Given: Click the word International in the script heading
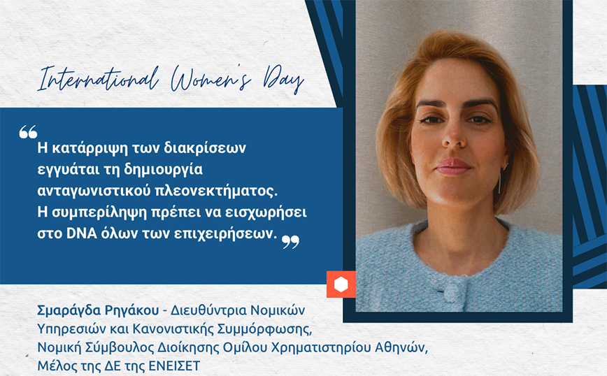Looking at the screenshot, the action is (x=99, y=78).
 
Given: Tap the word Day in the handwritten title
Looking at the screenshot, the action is (x=283, y=80).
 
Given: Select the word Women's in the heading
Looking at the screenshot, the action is (x=211, y=78).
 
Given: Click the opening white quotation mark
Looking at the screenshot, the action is (x=28, y=132).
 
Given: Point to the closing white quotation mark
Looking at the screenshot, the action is (x=290, y=242).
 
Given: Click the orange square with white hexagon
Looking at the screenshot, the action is (x=341, y=284).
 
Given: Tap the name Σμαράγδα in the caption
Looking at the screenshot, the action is (x=64, y=310).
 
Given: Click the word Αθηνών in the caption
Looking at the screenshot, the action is (x=401, y=347).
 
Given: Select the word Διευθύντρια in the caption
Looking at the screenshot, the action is (x=208, y=310).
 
